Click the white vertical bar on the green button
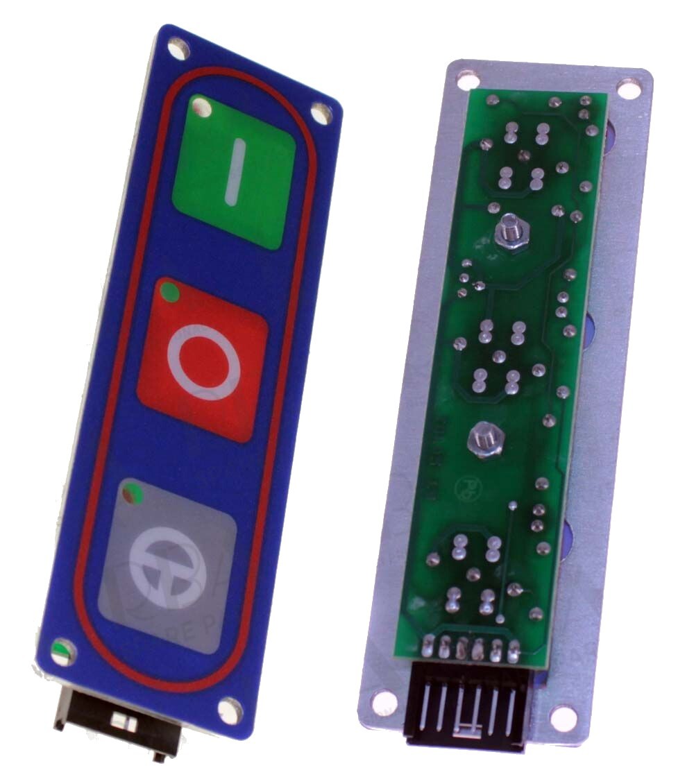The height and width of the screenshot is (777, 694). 234,172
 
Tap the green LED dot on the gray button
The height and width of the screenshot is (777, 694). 131,494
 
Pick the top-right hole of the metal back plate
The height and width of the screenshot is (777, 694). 629,89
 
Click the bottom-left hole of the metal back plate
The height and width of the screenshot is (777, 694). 384,702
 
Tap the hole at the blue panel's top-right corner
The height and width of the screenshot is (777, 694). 321,112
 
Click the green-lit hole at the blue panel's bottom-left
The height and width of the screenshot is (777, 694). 62,651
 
